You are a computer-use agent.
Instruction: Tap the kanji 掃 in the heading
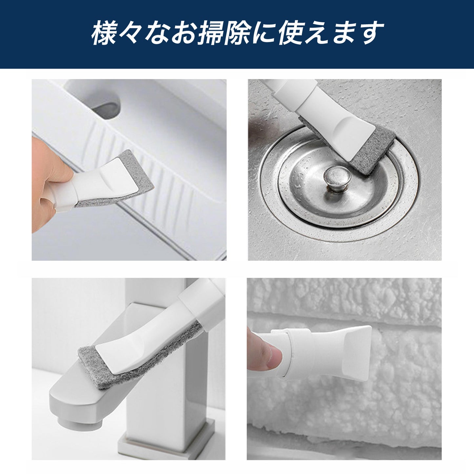(x=209, y=34)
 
